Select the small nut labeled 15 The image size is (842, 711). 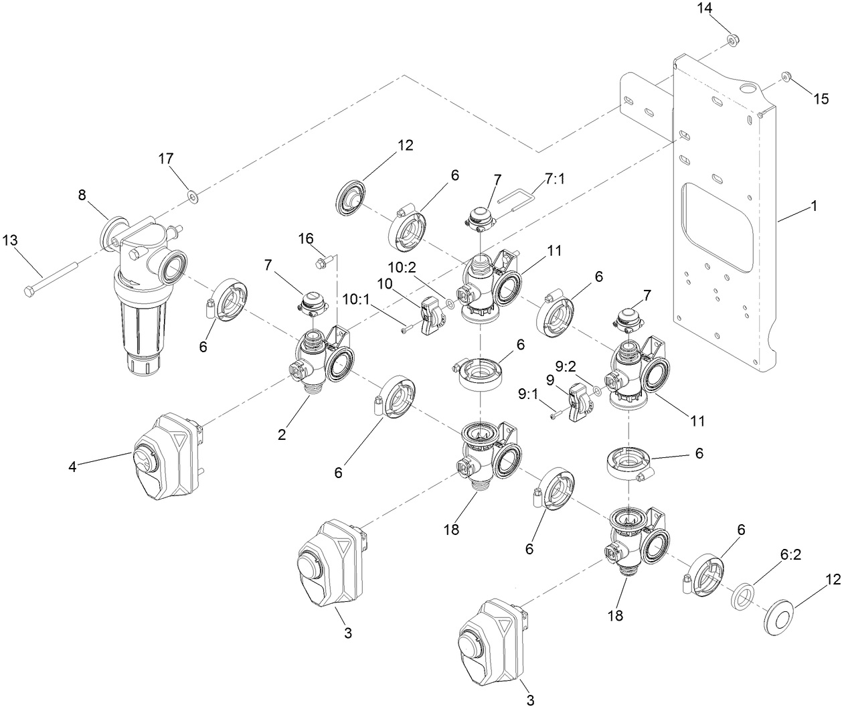click(786, 78)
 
